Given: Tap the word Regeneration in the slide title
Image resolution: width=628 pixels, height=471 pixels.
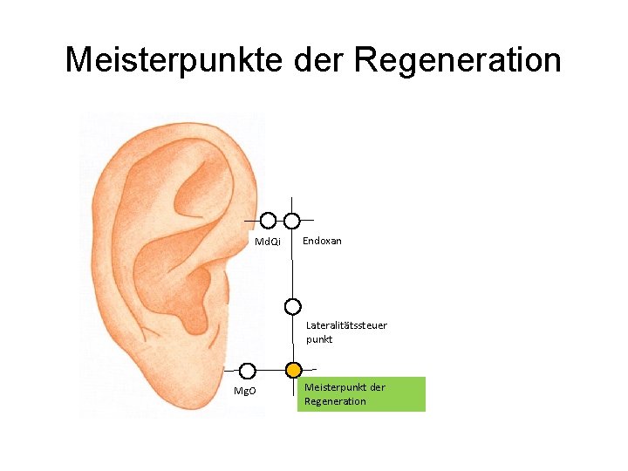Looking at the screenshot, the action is (458, 60).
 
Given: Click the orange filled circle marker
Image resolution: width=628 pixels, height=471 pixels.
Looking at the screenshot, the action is (294, 371).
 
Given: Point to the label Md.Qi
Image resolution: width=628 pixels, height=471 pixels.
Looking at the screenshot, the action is (267, 241).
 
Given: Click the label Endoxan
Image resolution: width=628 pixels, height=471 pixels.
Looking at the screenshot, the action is (322, 240).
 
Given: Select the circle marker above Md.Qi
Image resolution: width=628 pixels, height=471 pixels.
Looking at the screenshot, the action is (268, 221).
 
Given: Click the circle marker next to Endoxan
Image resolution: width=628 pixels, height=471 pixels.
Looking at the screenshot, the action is (292, 221).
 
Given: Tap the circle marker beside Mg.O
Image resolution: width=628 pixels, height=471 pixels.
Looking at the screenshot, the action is (248, 371).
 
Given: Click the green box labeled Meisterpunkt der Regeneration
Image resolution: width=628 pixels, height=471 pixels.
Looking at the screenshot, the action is (361, 394).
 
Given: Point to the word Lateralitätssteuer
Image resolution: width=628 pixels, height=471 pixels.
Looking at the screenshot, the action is (346, 325).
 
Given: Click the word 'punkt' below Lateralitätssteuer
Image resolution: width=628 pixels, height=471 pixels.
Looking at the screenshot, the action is (319, 339).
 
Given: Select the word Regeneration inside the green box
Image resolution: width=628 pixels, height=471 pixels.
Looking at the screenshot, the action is (335, 401).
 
